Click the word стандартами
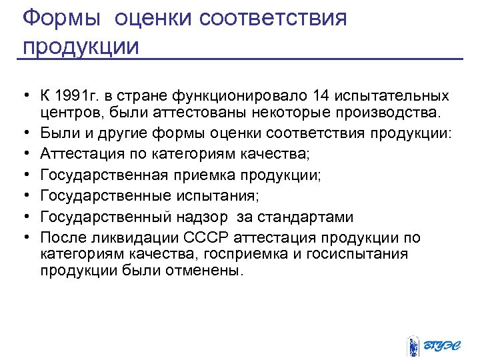307,217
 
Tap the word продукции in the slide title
81,47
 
